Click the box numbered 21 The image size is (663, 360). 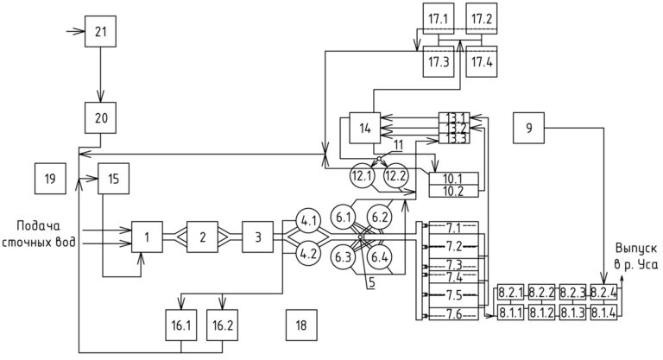100,31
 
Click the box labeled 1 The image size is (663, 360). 148,236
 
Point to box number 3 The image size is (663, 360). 258,236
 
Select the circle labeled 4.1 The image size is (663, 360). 308,219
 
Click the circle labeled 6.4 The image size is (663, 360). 379,256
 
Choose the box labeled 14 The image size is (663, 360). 364,129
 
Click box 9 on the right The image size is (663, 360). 528,129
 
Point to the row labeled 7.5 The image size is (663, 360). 454,294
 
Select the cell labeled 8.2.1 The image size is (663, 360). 511,293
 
